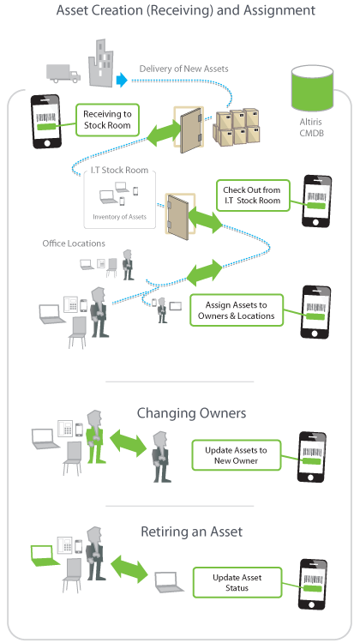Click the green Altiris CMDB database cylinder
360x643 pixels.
click(312, 87)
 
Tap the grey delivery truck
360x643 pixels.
click(63, 73)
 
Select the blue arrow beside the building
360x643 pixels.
click(122, 79)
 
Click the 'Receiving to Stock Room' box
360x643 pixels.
click(107, 120)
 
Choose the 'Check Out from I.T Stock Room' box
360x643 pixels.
click(253, 195)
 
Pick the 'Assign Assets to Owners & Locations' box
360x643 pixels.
click(237, 310)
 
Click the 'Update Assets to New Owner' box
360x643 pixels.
click(237, 455)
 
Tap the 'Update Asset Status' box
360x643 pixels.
click(237, 582)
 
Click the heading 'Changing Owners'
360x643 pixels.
click(191, 413)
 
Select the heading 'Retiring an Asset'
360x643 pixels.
click(191, 532)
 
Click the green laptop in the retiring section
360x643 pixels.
click(43, 556)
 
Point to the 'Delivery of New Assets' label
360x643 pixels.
click(183, 69)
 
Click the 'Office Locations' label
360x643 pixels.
click(74, 243)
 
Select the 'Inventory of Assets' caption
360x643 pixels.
click(119, 217)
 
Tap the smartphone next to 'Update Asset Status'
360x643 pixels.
click(313, 585)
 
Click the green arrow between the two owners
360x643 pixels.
click(129, 442)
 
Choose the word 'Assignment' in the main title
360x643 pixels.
click(279, 10)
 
